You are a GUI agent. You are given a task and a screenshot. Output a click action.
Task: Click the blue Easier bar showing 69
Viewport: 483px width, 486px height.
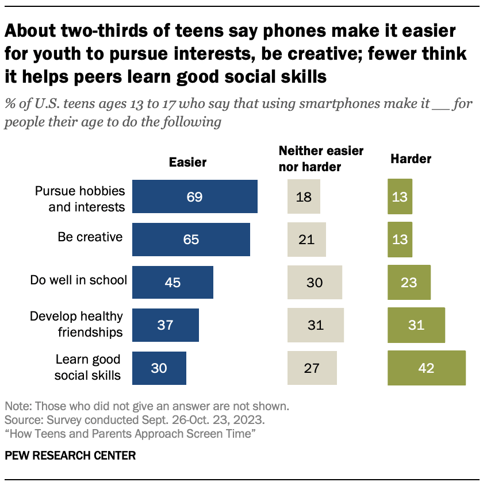pyautogui.click(x=194, y=196)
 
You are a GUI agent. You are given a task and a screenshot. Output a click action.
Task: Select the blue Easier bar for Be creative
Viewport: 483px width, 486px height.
pyautogui.click(x=191, y=239)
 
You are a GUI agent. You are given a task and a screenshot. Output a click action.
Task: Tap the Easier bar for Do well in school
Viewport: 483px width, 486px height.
pyautogui.click(x=172, y=282)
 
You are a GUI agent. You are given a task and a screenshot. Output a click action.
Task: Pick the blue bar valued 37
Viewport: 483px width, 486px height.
pyautogui.click(x=166, y=325)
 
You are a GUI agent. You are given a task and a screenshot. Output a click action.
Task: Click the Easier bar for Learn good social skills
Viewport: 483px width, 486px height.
pyautogui.click(x=159, y=368)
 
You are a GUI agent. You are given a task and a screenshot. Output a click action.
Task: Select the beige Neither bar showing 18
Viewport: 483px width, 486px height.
pyautogui.click(x=304, y=196)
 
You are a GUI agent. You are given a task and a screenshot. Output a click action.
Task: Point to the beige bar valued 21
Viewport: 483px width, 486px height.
pyautogui.click(x=306, y=239)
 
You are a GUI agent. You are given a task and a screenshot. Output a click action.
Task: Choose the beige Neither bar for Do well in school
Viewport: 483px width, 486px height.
pyautogui.click(x=315, y=282)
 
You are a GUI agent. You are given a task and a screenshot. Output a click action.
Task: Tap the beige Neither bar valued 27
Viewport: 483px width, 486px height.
pyautogui.click(x=312, y=368)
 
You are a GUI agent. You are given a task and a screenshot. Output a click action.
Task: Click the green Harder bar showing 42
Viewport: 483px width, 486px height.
pyautogui.click(x=426, y=368)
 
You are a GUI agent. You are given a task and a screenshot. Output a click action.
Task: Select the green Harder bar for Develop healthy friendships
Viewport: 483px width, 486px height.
pyautogui.click(x=416, y=325)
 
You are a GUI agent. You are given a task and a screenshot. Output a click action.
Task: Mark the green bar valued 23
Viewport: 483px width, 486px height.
pyautogui.click(x=409, y=282)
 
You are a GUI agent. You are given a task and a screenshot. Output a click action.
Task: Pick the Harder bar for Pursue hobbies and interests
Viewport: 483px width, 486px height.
pyautogui.click(x=400, y=196)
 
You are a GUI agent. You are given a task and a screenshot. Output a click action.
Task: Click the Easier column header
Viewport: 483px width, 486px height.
pyautogui.click(x=187, y=163)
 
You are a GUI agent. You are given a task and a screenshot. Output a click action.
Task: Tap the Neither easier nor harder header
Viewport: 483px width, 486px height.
pyautogui.click(x=321, y=159)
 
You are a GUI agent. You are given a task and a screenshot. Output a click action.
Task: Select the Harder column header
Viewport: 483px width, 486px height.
pyautogui.click(x=411, y=159)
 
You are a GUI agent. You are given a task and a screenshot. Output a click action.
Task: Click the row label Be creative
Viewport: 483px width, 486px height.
pyautogui.click(x=90, y=236)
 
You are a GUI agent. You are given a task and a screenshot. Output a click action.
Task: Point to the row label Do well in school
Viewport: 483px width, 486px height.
pyautogui.click(x=78, y=280)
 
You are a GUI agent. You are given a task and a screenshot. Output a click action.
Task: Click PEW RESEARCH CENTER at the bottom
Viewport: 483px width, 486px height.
pyautogui.click(x=71, y=456)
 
